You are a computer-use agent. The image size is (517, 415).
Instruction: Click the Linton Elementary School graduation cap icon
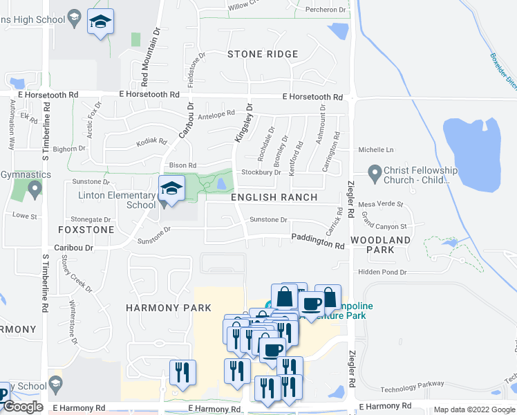[171, 187]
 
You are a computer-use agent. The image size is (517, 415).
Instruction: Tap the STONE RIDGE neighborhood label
[263, 54]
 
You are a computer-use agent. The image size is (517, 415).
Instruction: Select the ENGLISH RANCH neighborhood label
[274, 197]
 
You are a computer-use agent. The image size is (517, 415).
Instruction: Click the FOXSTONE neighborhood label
[86, 229]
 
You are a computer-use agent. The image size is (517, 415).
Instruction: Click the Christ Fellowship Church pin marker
[375, 170]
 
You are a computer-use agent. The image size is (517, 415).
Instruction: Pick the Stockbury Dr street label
[261, 172]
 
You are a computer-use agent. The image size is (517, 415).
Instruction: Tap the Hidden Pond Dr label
[383, 273]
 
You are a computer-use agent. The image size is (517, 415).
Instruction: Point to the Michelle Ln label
[375, 149]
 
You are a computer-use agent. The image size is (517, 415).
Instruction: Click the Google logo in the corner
[23, 407]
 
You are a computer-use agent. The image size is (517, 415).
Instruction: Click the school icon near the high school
[100, 23]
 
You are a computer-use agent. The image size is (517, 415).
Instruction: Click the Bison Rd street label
[182, 165]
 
